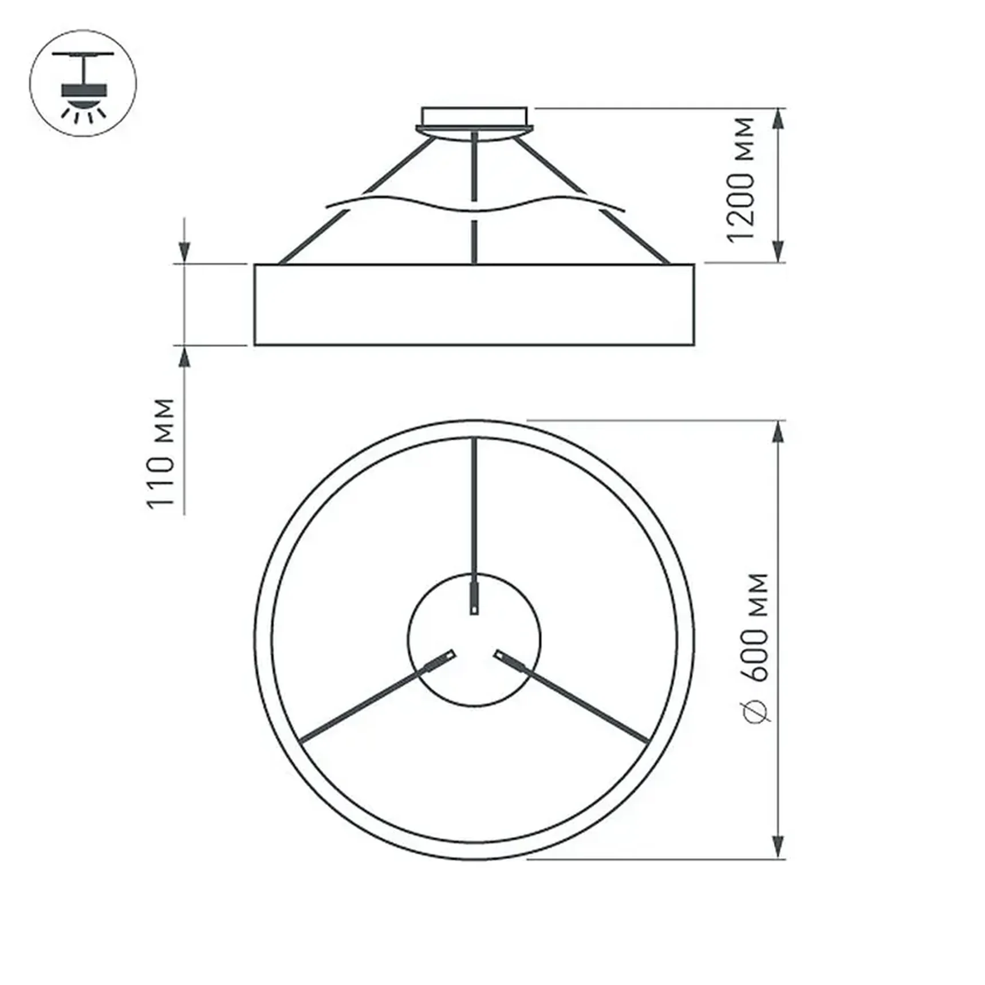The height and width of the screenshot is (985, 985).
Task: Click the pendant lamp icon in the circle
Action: coord(84,84)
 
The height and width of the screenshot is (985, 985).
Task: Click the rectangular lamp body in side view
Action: coord(474,305)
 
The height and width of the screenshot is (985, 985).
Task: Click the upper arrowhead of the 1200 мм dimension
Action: coord(778,120)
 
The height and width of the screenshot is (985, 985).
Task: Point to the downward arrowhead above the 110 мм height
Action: coord(184,251)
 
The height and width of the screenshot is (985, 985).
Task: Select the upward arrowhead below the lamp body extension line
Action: coord(184,358)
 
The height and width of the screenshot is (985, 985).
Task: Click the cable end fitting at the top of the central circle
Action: coord(474,598)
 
